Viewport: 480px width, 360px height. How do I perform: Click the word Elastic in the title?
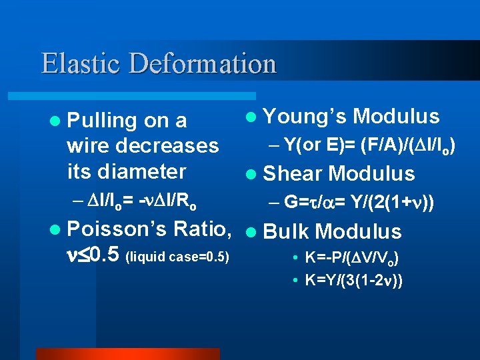click(x=81, y=63)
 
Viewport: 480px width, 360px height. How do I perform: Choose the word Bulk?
click(x=287, y=232)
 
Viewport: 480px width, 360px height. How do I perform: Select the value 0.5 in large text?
click(x=103, y=255)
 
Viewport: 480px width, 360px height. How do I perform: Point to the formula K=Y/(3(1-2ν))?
click(x=353, y=281)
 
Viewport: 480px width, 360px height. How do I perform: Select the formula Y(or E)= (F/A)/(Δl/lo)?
click(x=370, y=145)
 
